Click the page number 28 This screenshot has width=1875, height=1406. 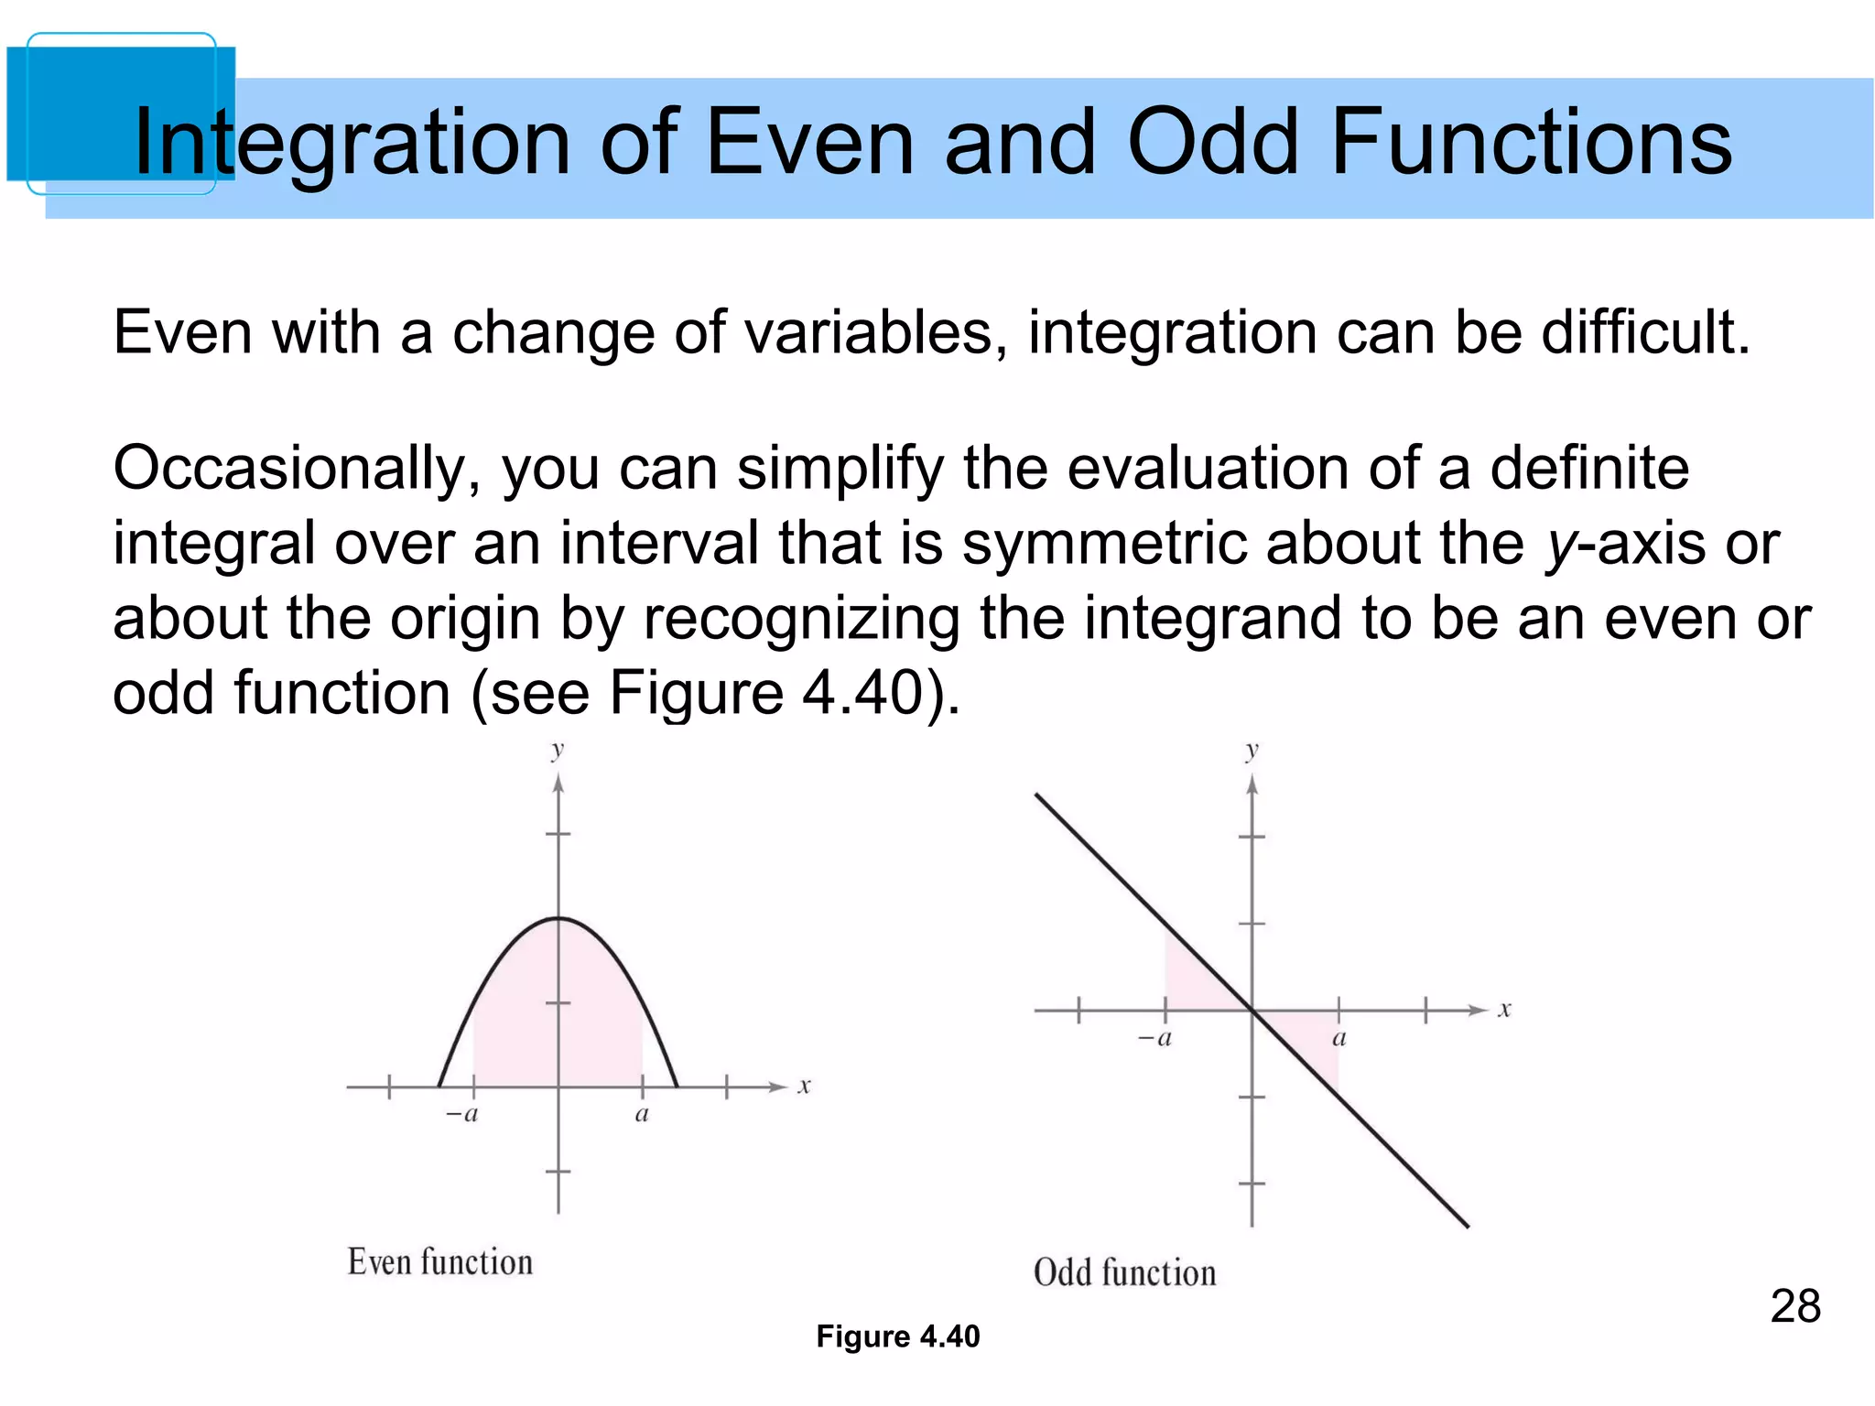(1794, 1306)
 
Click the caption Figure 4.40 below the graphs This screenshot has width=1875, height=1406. (897, 1336)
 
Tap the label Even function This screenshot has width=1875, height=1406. (439, 1262)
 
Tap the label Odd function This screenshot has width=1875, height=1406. (1124, 1273)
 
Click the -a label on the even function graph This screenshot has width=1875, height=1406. (462, 1115)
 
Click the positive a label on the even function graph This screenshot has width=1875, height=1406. (642, 1115)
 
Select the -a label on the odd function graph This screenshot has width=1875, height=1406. (1155, 1039)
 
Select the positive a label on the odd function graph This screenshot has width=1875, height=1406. (1339, 1039)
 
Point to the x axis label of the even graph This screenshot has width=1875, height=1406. (804, 1087)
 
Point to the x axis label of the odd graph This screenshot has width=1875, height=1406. (1504, 1011)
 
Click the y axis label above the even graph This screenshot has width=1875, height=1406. (558, 751)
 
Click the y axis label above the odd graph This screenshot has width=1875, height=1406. (1252, 751)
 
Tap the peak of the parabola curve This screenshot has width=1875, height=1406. (558, 918)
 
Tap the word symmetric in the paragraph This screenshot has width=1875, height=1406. (1104, 544)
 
